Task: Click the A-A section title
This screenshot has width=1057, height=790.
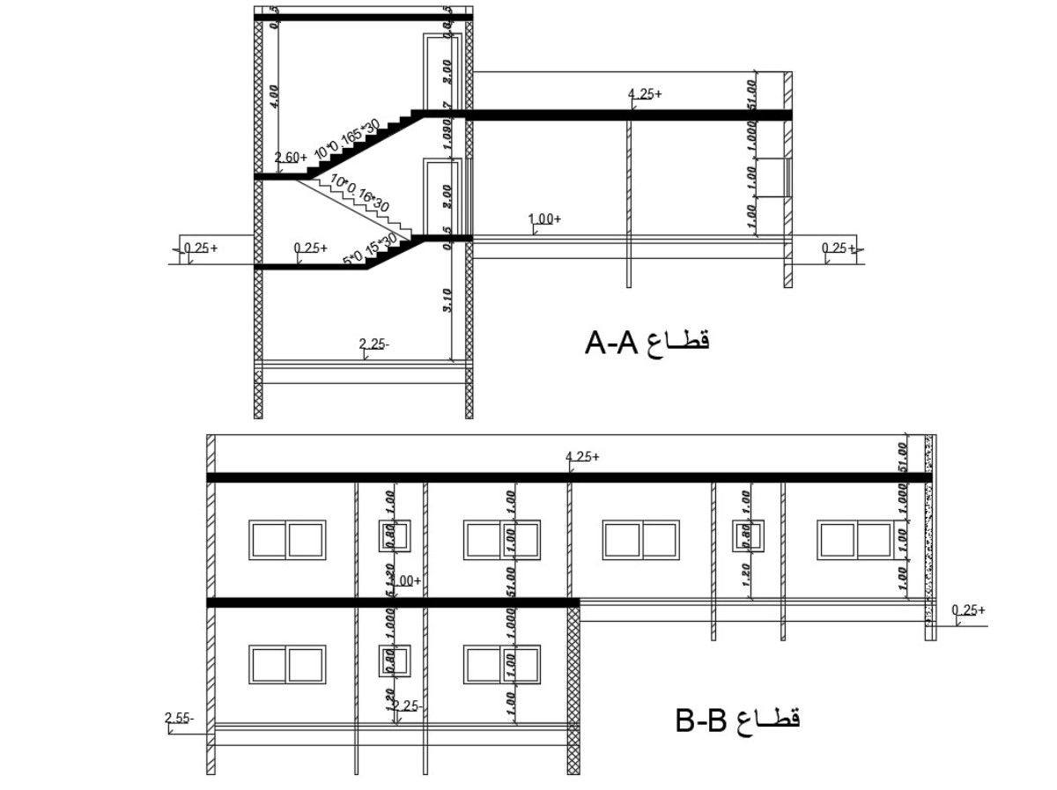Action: pyautogui.click(x=647, y=342)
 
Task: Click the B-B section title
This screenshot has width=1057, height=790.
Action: pyautogui.click(x=738, y=720)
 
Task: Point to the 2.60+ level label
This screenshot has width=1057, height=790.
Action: pyautogui.click(x=291, y=157)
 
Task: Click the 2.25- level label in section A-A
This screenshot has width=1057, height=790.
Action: pyautogui.click(x=374, y=344)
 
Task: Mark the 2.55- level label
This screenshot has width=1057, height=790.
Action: pyautogui.click(x=179, y=719)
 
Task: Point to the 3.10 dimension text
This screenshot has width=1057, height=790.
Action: pyautogui.click(x=447, y=301)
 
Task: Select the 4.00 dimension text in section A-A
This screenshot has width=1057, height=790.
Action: pyautogui.click(x=275, y=95)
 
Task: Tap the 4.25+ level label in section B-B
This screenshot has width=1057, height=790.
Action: pyautogui.click(x=582, y=456)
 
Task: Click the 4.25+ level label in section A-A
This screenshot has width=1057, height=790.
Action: pyautogui.click(x=645, y=92)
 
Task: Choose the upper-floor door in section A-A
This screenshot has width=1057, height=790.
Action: pyautogui.click(x=439, y=72)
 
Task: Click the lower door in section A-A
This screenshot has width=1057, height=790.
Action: pyautogui.click(x=439, y=197)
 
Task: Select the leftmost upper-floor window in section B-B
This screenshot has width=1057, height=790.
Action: pyautogui.click(x=287, y=540)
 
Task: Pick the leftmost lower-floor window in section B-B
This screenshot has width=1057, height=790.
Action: pyautogui.click(x=287, y=665)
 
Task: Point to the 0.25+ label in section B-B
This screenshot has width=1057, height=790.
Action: pyautogui.click(x=968, y=609)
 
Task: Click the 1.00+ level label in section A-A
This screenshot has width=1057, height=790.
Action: pyautogui.click(x=544, y=218)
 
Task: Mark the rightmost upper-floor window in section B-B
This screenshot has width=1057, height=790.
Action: pyautogui.click(x=855, y=540)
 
